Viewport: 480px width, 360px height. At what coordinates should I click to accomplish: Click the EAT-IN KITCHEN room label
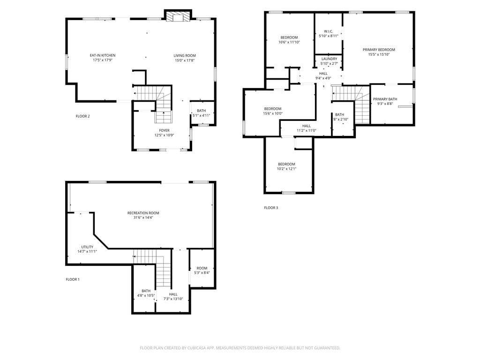(103, 55)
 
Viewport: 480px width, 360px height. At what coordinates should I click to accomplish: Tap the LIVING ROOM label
(185, 56)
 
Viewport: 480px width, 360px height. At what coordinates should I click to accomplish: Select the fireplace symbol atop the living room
(178, 17)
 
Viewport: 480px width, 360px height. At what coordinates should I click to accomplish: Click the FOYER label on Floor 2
(164, 130)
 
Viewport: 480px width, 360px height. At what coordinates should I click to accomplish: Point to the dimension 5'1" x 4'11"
(201, 115)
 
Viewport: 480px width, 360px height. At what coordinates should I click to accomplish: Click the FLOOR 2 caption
(82, 116)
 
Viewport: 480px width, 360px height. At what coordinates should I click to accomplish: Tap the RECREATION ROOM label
(143, 213)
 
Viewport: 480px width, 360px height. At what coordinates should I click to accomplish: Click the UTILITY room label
(87, 247)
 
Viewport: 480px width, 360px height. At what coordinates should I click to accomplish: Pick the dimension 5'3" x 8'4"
(202, 273)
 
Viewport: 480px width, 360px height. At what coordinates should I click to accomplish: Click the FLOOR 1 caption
(73, 279)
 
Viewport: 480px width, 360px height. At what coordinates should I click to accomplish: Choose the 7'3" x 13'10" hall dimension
(173, 299)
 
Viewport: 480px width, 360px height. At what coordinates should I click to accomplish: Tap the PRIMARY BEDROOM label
(379, 50)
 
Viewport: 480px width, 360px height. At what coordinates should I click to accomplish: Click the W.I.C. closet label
(329, 31)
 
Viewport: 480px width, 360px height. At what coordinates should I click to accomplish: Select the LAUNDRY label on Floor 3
(330, 59)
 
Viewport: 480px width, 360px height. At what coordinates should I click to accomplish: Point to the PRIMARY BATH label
(385, 99)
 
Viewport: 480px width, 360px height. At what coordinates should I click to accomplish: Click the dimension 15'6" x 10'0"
(273, 113)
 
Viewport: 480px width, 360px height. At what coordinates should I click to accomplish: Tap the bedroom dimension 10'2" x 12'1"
(286, 169)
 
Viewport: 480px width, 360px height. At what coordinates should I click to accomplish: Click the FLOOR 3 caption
(271, 208)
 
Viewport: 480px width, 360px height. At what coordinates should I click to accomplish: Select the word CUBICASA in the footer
(197, 348)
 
